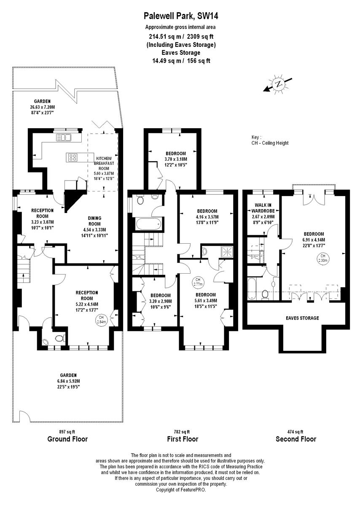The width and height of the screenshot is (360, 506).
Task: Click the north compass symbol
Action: point(278,84)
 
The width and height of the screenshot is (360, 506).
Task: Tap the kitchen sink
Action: point(64,137)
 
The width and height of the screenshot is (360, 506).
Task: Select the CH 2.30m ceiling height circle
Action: point(323,258)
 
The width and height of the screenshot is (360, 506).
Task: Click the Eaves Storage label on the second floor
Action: point(302,318)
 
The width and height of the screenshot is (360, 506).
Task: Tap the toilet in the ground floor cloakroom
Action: point(59,338)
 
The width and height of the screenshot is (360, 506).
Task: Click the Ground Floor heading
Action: point(67,439)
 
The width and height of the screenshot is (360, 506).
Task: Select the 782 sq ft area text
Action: point(182,431)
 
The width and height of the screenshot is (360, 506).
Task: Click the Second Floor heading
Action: point(296,439)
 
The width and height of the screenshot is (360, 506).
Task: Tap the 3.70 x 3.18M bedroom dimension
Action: point(175,159)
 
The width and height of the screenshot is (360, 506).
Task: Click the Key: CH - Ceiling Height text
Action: point(270,140)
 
